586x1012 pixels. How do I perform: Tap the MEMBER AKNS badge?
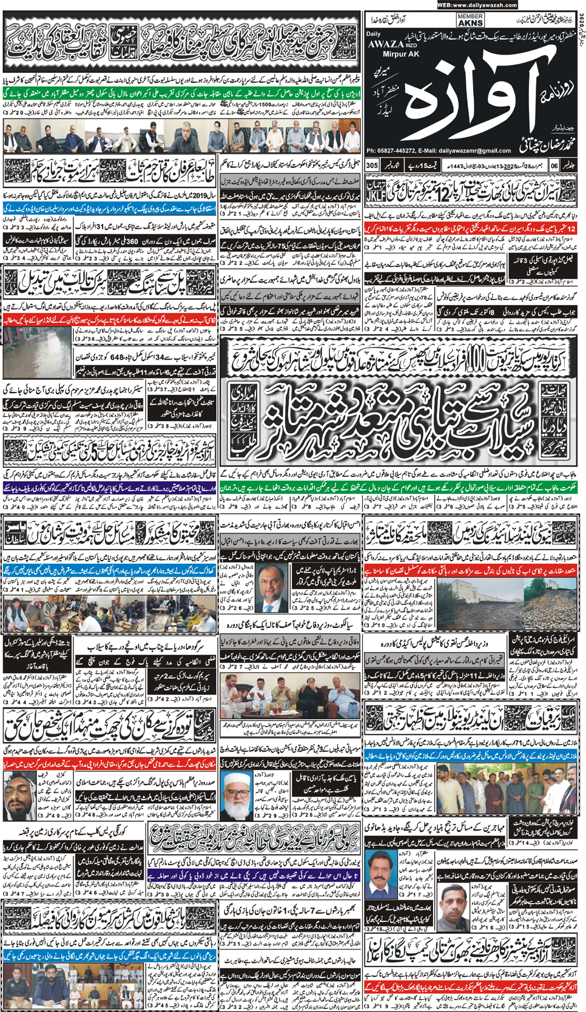(x=470, y=20)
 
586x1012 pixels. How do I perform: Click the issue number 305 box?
(x=372, y=166)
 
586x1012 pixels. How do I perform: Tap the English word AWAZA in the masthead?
(x=386, y=44)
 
